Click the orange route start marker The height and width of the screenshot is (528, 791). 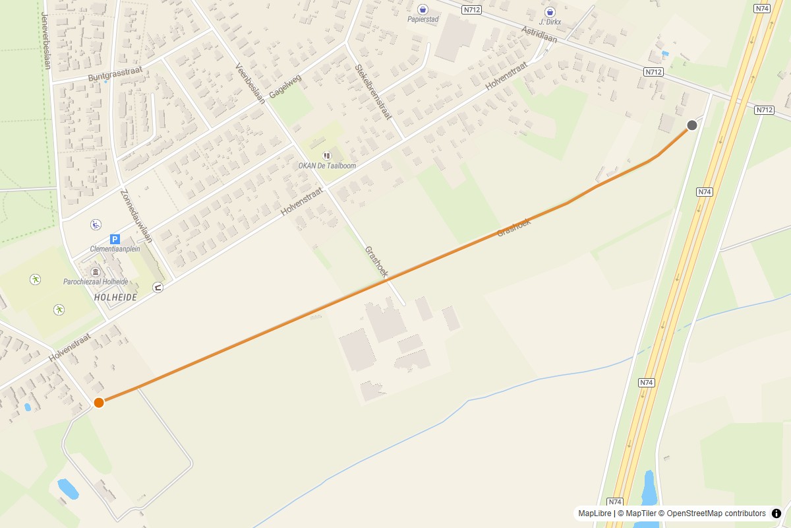pos(99,403)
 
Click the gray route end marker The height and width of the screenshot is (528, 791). pos(692,125)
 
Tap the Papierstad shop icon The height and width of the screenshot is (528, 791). pos(423,9)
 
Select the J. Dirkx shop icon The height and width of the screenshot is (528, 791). pos(550,12)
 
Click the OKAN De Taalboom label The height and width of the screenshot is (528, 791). pos(327,166)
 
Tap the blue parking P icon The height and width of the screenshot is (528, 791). pos(115,239)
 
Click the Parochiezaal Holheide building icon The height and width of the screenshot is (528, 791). pos(96,272)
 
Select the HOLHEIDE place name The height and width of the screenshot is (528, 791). pos(115,298)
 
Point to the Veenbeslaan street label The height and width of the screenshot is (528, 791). pos(250,83)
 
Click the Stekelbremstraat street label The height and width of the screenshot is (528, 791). pos(373,91)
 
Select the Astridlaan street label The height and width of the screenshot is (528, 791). pos(539,34)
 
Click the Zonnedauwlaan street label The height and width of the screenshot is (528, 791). pos(136,216)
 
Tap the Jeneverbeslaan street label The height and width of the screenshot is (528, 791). pos(45,40)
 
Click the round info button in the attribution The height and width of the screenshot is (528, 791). pos(776,513)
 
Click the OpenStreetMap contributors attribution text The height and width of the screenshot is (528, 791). pos(716,513)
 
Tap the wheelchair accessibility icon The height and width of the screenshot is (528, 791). pos(96,224)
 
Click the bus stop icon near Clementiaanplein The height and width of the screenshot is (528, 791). pos(158,287)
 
